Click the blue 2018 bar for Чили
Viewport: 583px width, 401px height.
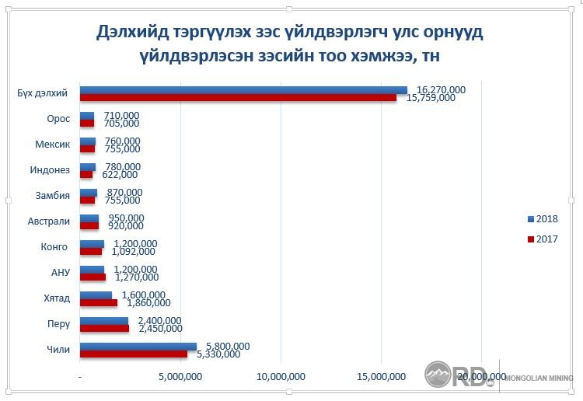coord(138,346)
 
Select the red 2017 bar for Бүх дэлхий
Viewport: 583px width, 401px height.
coord(238,98)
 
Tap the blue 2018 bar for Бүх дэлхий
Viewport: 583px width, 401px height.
coord(243,90)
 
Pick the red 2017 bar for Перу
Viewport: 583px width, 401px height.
coord(104,328)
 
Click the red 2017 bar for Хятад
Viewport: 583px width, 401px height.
coord(99,302)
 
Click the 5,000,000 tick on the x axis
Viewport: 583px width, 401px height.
coord(180,377)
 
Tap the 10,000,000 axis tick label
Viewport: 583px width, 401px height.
coord(281,377)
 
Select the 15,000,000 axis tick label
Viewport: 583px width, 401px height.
coord(381,377)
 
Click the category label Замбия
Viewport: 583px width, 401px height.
coord(54,195)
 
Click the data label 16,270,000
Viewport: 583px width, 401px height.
coord(441,89)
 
